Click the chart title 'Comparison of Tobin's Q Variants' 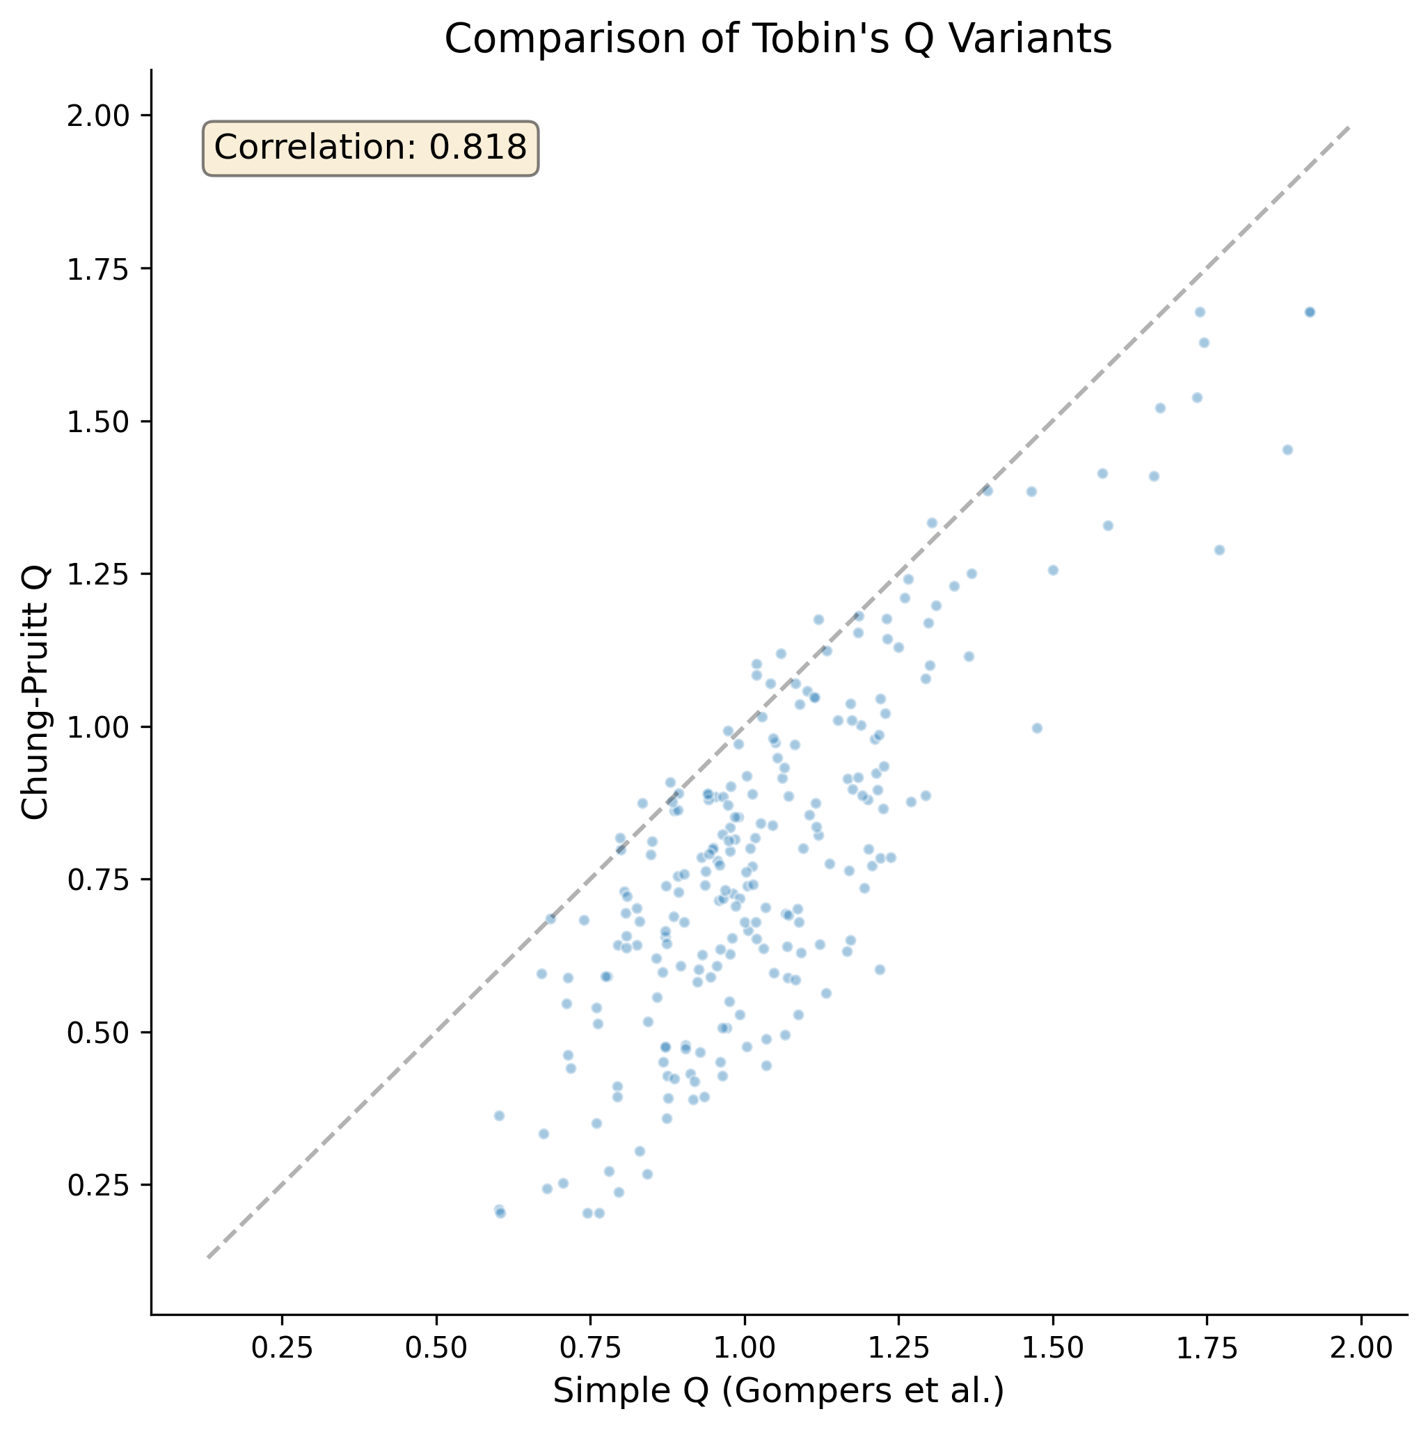point(778,40)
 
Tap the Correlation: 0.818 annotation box point(370,148)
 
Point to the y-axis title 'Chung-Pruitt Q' point(35,692)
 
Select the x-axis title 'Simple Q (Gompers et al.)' point(778,1392)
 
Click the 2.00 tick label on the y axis point(97,116)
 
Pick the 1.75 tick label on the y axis point(97,269)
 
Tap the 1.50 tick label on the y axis point(97,421)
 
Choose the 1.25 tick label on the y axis point(97,574)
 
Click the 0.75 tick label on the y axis point(97,880)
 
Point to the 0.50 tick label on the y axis point(97,1033)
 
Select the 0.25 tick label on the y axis point(97,1185)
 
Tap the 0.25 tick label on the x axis point(282,1349)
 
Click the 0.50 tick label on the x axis point(436,1349)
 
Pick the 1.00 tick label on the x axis point(745,1349)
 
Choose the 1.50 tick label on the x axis point(1053,1349)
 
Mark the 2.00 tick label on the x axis point(1360,1349)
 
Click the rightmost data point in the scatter point(1309,312)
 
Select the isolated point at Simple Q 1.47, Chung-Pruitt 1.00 point(1036,729)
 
